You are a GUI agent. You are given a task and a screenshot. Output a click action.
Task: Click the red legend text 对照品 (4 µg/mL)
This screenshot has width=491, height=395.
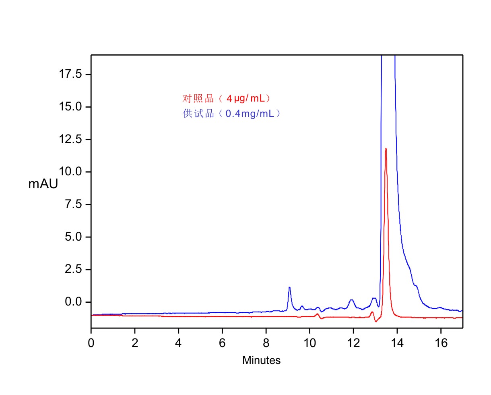pos(226,98)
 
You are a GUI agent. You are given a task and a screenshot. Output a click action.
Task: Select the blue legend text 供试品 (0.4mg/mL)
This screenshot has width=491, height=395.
pos(231,114)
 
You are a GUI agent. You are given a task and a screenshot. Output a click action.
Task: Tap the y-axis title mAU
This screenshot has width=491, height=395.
pos(43,184)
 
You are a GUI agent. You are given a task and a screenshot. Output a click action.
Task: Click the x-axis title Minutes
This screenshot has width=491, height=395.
pos(261,360)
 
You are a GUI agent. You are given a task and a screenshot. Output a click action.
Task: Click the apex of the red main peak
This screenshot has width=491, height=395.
pos(386,149)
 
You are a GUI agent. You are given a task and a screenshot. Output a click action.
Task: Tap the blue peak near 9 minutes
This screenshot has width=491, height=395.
pos(289,287)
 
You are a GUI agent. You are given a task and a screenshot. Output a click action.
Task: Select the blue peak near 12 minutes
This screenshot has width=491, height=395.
pos(352,300)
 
